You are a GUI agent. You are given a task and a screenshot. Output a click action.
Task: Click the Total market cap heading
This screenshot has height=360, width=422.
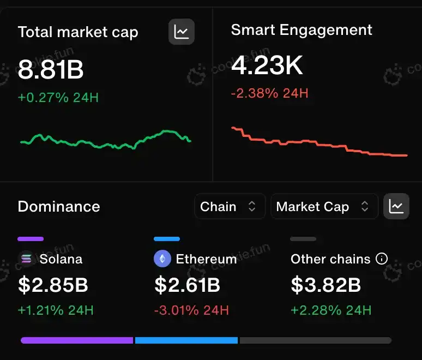coord(78,32)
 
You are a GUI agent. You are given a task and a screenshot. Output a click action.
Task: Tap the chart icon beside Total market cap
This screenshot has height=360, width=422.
coord(182,32)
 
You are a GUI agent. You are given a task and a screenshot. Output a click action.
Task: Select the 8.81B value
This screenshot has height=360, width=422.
coord(51,69)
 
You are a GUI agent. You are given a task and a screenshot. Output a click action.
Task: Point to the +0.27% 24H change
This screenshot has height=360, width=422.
coord(58,98)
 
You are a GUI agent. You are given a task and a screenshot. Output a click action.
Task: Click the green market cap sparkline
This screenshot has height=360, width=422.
coord(105,140)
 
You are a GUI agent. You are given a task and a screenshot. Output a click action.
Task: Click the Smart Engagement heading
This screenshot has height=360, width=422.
coord(302,30)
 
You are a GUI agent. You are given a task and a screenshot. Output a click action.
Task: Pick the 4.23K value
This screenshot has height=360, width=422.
coord(267,66)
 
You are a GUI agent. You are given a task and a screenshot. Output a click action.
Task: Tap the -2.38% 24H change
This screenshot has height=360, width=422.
coord(270,93)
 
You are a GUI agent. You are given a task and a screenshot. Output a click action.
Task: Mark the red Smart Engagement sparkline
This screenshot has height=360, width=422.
coord(319,144)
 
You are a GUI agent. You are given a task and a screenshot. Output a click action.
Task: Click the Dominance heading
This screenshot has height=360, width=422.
coord(59,207)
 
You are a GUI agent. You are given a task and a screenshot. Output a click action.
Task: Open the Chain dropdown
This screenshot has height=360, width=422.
coord(230,207)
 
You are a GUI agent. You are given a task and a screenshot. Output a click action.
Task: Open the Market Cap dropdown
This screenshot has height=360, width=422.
coord(324,207)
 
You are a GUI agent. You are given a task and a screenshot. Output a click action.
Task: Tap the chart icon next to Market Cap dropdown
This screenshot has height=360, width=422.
coord(396,206)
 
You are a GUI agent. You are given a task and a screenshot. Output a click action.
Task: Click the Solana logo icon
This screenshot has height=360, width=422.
coord(26,259)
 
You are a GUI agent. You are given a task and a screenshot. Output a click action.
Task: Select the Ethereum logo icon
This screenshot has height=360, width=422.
coord(162,259)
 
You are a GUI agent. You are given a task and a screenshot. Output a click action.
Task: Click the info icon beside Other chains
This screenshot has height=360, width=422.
coord(382,259)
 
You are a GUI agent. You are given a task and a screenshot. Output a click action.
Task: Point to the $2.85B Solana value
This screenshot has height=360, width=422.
coord(53,285)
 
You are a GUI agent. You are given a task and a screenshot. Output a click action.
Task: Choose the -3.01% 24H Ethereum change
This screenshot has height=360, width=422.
coord(191,311)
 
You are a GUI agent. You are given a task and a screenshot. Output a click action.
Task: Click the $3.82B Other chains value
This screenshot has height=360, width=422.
coord(325,285)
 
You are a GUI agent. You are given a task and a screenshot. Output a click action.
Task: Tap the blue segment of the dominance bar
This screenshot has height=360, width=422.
coord(186,340)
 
